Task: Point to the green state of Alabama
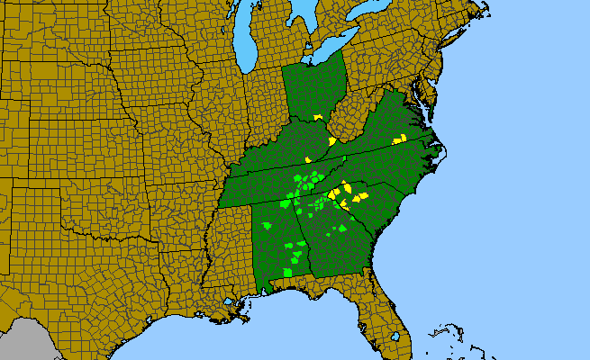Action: tap(275, 243)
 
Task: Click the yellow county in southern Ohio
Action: tap(318, 117)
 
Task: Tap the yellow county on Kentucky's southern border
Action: tap(308, 160)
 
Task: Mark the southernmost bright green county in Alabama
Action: tap(287, 271)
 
